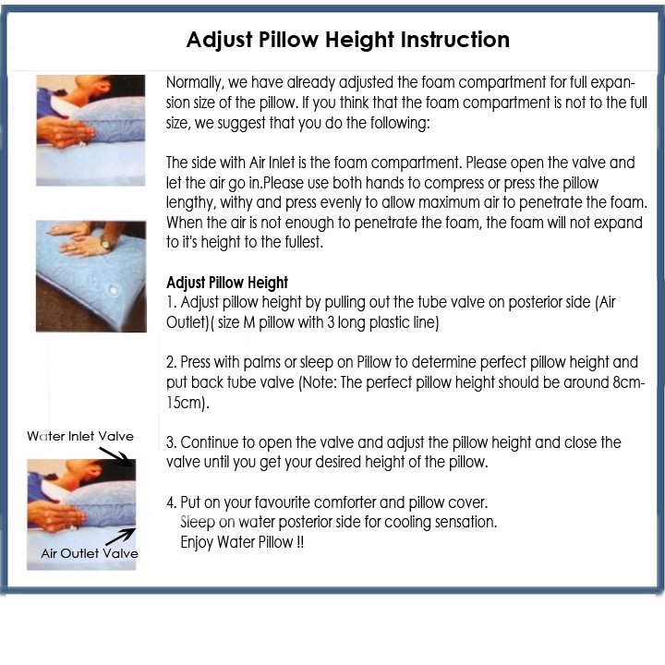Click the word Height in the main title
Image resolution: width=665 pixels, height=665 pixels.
pos(360,41)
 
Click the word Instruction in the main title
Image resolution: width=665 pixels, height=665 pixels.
pos(455,40)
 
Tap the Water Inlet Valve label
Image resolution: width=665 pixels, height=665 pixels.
pos(80,436)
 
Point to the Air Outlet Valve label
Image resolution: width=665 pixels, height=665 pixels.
pos(90,553)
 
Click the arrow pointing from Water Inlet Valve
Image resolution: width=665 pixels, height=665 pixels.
pos(116,456)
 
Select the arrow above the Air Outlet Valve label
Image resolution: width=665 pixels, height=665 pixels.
pos(120,537)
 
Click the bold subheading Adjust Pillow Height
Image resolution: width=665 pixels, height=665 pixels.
pos(227,283)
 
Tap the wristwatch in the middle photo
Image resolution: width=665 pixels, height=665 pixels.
pos(106,243)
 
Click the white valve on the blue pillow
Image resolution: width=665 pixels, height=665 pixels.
pos(114,291)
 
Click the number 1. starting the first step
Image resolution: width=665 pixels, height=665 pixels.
pos(171,302)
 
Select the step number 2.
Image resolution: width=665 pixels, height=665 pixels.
pos(172,362)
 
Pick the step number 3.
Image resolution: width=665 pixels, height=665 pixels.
pos(172,442)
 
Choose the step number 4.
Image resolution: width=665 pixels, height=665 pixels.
pos(172,502)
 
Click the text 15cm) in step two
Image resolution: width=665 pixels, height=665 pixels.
pos(187,403)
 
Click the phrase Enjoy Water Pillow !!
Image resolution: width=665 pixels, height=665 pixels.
pos(242,542)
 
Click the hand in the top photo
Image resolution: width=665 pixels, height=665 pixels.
pos(65,132)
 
